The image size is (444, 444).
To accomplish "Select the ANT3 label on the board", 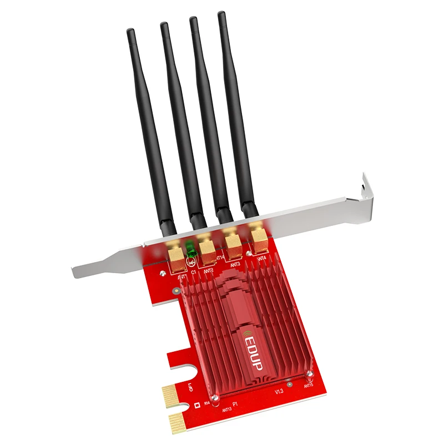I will [x=235, y=264].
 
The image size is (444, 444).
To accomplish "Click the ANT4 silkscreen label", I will [x=261, y=258].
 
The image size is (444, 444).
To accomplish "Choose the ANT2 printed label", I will [x=209, y=271].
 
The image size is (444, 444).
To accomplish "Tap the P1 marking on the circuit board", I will [x=236, y=405].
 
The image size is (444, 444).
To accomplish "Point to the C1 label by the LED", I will [x=194, y=273].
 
